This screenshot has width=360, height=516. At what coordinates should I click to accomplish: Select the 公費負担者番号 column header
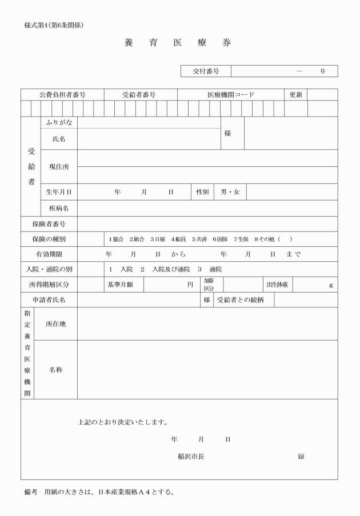(62, 95)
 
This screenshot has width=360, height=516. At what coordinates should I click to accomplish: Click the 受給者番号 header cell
(139, 95)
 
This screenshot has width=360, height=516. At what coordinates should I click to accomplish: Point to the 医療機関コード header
(231, 95)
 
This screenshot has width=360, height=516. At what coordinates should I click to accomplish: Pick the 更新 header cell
(295, 95)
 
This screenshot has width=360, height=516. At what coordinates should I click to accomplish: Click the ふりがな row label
(59, 123)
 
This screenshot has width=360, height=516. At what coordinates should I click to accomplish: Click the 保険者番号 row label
(49, 224)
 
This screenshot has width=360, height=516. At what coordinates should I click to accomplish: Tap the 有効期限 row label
(49, 254)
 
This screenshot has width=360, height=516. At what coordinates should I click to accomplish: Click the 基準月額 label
(121, 285)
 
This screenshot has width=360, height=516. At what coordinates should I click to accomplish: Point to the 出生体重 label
(277, 285)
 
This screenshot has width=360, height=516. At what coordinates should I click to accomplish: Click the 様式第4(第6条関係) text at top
(55, 25)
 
